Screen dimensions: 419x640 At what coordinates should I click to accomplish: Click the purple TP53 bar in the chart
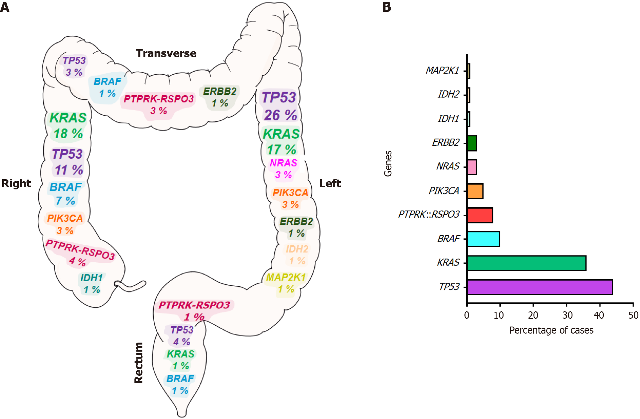coord(539,287)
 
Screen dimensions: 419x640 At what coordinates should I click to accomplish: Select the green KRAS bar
coord(526,263)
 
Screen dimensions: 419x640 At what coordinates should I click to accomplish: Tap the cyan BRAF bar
coord(483,239)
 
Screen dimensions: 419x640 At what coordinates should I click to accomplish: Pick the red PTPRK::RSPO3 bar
coord(480,215)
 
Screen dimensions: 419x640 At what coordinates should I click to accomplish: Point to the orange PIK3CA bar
coord(475,191)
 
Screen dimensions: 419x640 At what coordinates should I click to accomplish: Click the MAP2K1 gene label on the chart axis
coord(442,70)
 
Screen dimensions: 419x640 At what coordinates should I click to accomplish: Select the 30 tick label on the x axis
coord(567,315)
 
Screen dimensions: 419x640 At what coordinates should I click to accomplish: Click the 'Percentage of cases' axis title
coord(551,330)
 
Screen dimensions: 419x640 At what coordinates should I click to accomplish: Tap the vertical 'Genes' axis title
coord(388,164)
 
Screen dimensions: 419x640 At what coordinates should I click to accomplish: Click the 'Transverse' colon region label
coord(166,53)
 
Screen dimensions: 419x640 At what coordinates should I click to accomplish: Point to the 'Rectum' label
coord(139,363)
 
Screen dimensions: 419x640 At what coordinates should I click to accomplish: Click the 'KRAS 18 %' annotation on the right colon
coord(68,126)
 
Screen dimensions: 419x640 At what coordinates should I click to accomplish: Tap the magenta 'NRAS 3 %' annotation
coord(283,169)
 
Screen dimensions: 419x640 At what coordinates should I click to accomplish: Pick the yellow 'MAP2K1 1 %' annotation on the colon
coord(286,283)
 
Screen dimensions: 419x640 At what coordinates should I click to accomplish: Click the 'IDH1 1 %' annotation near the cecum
coord(92,284)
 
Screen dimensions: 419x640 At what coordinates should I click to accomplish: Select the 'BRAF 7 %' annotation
coord(66,194)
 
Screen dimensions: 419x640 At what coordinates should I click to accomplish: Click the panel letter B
coord(387,7)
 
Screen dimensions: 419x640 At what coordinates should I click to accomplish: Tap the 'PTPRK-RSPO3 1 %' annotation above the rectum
coord(194,311)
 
